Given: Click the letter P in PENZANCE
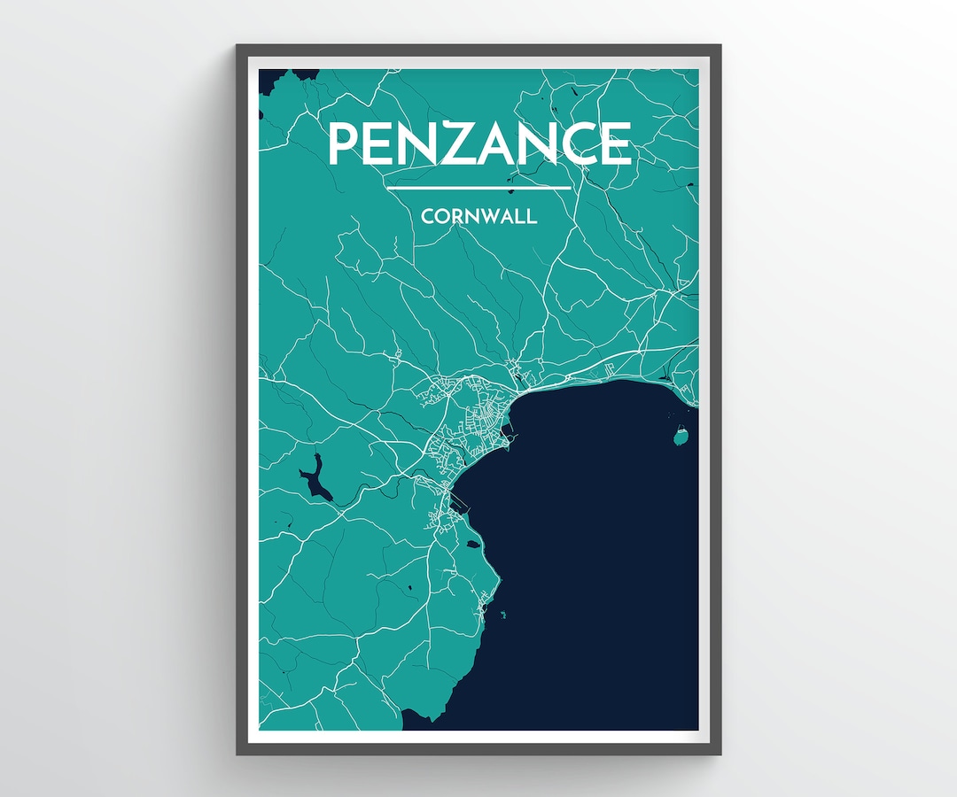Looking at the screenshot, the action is (x=346, y=143).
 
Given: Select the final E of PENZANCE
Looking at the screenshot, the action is (x=614, y=143).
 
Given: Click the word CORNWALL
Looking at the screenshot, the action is (x=478, y=216).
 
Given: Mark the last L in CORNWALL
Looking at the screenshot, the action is (x=531, y=216).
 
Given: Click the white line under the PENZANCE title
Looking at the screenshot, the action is (x=478, y=188).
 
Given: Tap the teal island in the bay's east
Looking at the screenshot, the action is (x=681, y=437).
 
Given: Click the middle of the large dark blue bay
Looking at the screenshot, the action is (x=585, y=549).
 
